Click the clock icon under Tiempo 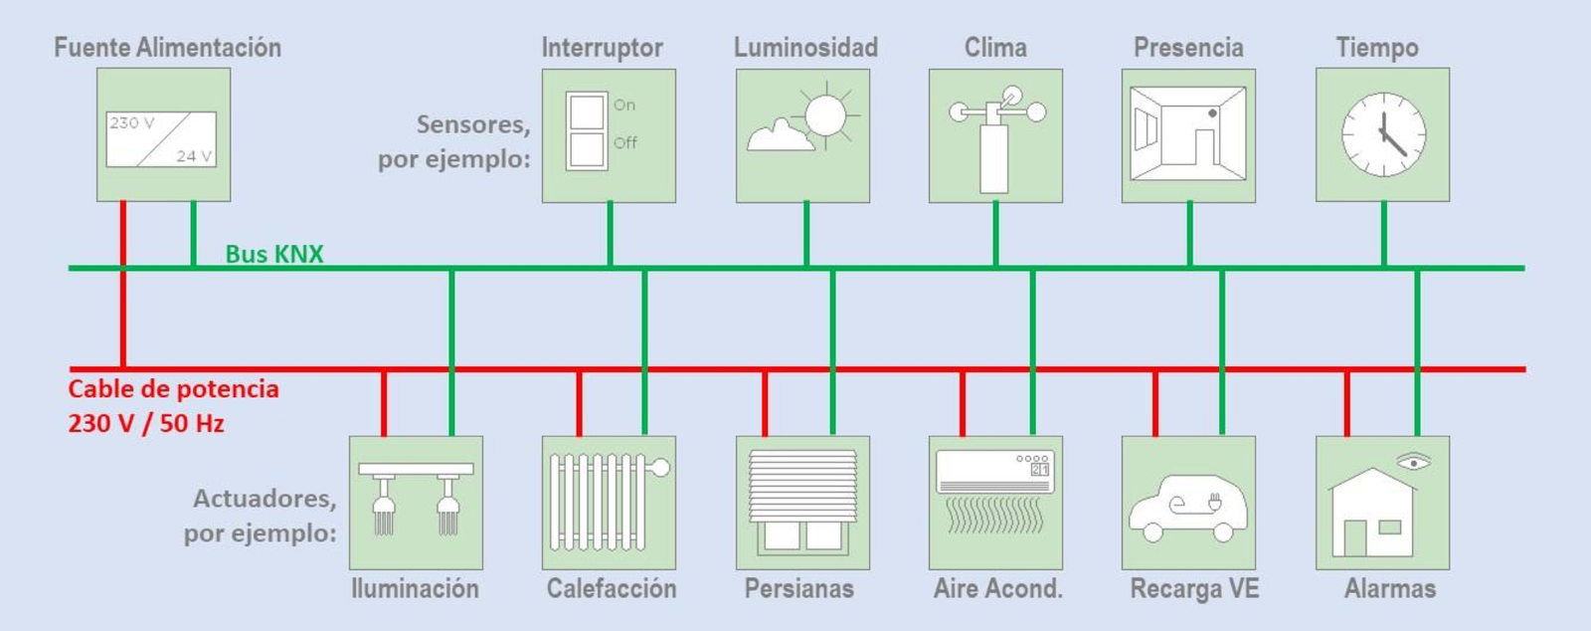(1383, 135)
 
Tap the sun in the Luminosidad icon (825, 116)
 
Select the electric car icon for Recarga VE (1187, 508)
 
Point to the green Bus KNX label (273, 254)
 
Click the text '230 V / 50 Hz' (146, 423)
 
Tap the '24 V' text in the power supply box (194, 156)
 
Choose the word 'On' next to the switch (623, 105)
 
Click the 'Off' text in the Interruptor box (624, 142)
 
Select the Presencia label (1188, 48)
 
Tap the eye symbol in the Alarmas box (1413, 462)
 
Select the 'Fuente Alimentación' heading (167, 48)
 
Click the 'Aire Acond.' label (997, 588)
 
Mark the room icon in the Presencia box (1188, 135)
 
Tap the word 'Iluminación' (415, 588)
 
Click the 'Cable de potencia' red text (173, 388)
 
